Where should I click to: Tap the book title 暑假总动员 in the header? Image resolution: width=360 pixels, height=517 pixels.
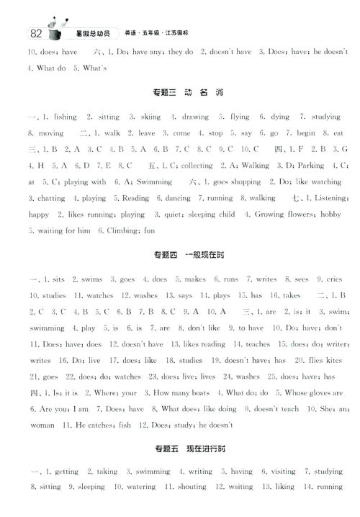[91, 34]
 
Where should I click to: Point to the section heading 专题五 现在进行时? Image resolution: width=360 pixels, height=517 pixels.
[180, 450]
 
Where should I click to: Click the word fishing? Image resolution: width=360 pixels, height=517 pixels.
[66, 117]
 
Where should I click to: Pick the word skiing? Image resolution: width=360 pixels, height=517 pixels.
[150, 117]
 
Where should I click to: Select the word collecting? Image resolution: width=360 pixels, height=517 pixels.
[196, 166]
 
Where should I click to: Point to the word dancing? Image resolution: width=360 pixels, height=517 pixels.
[178, 198]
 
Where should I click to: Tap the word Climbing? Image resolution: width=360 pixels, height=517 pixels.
[123, 230]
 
